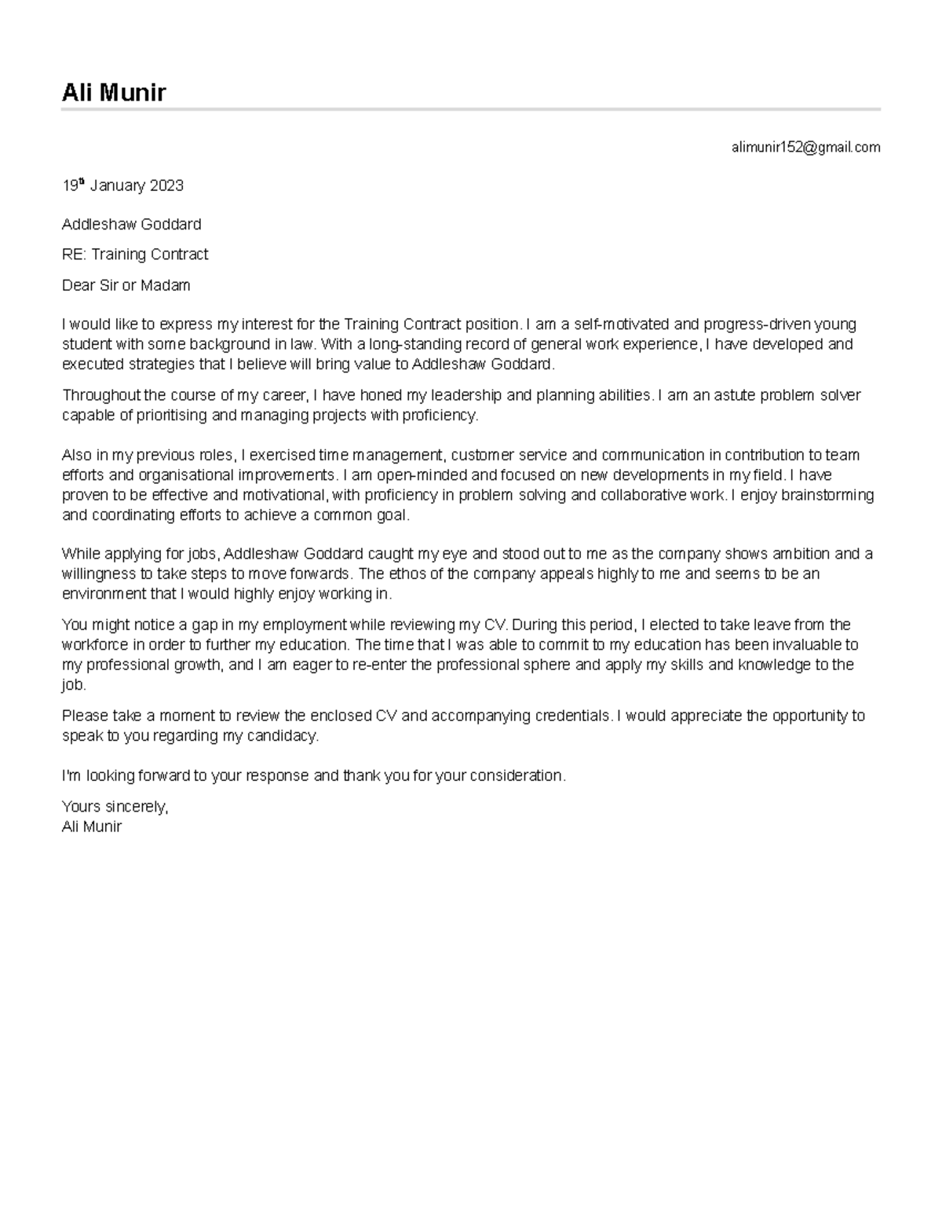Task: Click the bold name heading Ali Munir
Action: point(114,93)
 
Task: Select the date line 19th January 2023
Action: point(122,186)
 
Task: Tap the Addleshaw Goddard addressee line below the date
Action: point(131,225)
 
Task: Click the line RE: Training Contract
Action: point(135,255)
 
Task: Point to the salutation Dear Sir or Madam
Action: point(126,285)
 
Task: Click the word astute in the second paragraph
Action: point(734,395)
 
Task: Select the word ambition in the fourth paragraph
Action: point(798,554)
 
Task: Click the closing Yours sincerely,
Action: point(115,807)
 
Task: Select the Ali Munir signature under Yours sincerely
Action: point(92,826)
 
